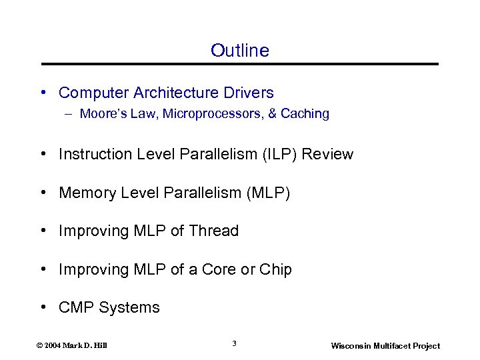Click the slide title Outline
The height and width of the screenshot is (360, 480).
pyautogui.click(x=240, y=51)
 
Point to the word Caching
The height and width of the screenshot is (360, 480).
pyautogui.click(x=305, y=114)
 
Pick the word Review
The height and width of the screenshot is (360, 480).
pyautogui.click(x=328, y=155)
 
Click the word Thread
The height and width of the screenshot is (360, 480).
pyautogui.click(x=213, y=231)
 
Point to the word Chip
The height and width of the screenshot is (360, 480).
pyautogui.click(x=275, y=270)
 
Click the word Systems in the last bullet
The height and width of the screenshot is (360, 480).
pyautogui.click(x=129, y=308)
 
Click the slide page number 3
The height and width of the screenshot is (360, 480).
pyautogui.click(x=234, y=343)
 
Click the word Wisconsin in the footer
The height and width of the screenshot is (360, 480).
pyautogui.click(x=353, y=346)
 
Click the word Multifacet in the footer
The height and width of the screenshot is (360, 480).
pyautogui.click(x=395, y=346)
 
